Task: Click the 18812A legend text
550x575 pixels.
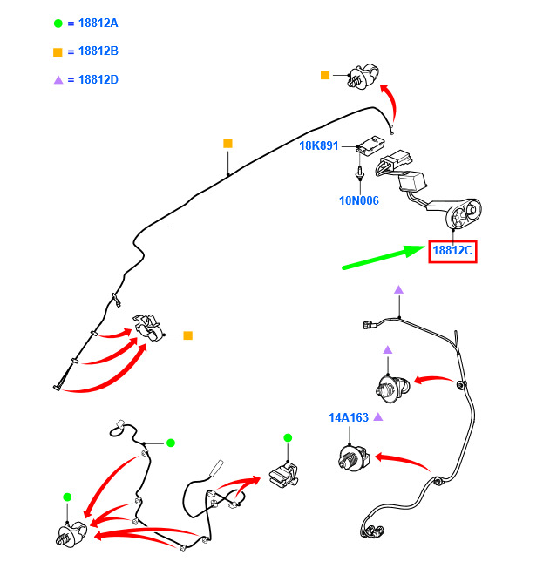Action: pyautogui.click(x=98, y=24)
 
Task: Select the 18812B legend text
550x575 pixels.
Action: pyautogui.click(x=98, y=51)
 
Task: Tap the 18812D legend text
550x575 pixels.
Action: pyautogui.click(x=98, y=79)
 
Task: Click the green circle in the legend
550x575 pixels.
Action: pyautogui.click(x=58, y=24)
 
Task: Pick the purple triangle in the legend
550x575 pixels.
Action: pyautogui.click(x=58, y=80)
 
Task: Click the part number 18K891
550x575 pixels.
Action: pyautogui.click(x=318, y=146)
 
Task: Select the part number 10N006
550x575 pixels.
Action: pyautogui.click(x=359, y=200)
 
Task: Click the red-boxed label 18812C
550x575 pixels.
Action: pyautogui.click(x=452, y=251)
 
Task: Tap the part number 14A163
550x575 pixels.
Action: pyautogui.click(x=349, y=417)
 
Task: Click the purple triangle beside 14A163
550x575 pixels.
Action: pyautogui.click(x=378, y=417)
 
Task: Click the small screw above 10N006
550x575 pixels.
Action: pyautogui.click(x=360, y=173)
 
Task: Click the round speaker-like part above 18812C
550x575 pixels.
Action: pyautogui.click(x=463, y=213)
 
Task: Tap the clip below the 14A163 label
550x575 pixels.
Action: pyautogui.click(x=354, y=457)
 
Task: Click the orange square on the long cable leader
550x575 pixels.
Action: pyautogui.click(x=227, y=144)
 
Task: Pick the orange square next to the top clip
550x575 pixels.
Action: pyautogui.click(x=325, y=75)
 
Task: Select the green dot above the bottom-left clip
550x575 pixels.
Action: pyautogui.click(x=67, y=497)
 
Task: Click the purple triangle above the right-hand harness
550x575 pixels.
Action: pyautogui.click(x=399, y=290)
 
